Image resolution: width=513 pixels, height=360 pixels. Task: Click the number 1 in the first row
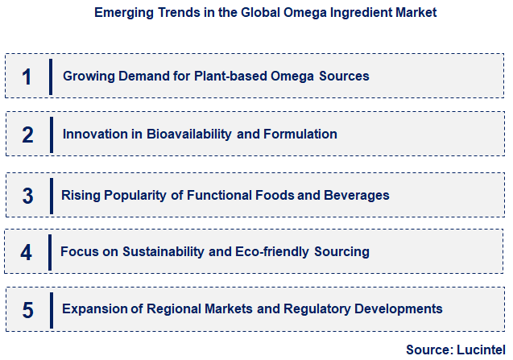point(27,77)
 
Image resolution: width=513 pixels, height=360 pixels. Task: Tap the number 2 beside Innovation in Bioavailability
point(27,134)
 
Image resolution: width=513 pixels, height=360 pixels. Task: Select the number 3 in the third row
point(27,196)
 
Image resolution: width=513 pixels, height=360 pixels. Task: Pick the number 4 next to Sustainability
point(27,252)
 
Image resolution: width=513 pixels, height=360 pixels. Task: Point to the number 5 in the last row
point(27,309)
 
